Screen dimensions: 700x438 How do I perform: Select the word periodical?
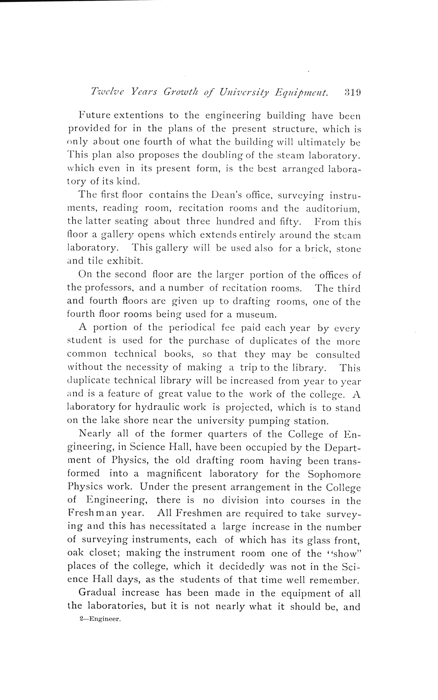coord(191,328)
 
